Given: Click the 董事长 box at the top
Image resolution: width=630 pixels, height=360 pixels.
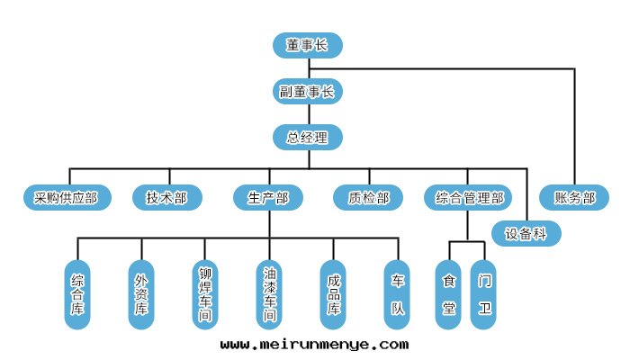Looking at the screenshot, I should [x=308, y=45].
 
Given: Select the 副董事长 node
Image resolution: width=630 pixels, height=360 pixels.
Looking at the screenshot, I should [x=308, y=91].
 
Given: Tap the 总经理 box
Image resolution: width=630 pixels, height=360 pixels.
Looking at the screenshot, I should [x=308, y=138].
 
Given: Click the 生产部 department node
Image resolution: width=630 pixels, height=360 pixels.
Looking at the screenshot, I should [x=268, y=198].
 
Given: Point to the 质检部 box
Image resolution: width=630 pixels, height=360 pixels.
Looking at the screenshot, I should [x=368, y=198].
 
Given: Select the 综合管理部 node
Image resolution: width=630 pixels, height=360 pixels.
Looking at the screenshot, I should [x=469, y=198].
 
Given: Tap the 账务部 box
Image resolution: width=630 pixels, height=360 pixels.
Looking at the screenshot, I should [x=574, y=198].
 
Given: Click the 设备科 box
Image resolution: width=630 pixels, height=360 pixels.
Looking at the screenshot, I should [x=526, y=234].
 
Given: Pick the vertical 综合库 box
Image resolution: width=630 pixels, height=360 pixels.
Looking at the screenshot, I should [x=78, y=295].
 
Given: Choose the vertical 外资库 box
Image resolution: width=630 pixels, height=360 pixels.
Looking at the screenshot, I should [x=141, y=295].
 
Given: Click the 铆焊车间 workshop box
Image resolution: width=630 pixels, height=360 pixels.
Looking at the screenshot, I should [x=204, y=295].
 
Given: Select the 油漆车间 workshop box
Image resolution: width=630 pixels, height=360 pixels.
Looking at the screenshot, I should [x=269, y=295].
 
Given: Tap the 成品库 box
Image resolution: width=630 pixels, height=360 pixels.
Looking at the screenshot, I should [x=333, y=295].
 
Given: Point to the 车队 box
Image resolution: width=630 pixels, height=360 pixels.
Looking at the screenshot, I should [x=397, y=295].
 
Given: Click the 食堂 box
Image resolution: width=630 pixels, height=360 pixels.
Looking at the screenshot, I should [x=449, y=295].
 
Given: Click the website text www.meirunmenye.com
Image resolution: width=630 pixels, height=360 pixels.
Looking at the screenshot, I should [x=314, y=344].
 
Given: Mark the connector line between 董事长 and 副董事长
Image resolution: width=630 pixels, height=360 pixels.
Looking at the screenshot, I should [x=308, y=68].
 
